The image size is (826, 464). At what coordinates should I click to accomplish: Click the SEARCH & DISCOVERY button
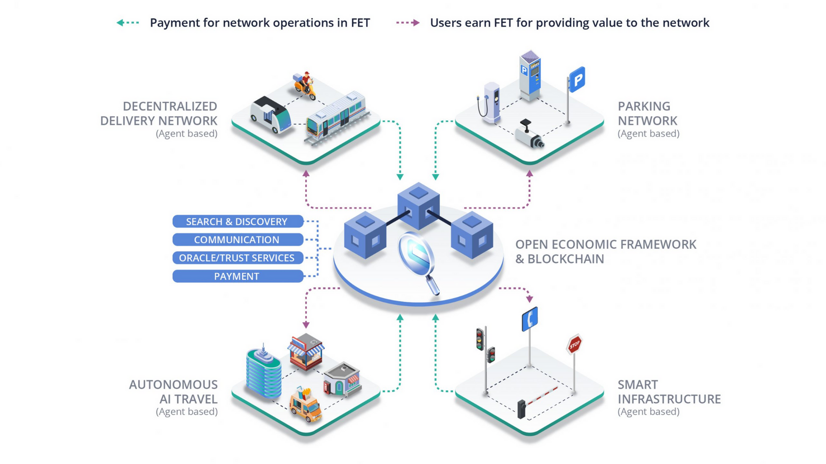[x=237, y=221]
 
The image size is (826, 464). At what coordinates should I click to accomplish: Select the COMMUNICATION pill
[x=237, y=240]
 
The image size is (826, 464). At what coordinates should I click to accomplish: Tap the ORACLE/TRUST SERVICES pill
[x=237, y=258]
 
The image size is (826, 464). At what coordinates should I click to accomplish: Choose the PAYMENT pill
[x=237, y=276]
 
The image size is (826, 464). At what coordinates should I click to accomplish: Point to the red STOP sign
[x=574, y=344]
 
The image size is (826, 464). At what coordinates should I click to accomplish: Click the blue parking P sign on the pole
[x=577, y=79]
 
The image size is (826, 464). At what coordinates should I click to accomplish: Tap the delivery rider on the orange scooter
[x=305, y=85]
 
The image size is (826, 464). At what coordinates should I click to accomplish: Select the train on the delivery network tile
[x=337, y=115]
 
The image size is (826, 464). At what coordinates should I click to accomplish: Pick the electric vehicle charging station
[x=491, y=102]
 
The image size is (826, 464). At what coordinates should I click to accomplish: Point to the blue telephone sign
[x=530, y=319]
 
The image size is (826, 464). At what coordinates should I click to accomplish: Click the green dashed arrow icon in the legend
[x=128, y=22]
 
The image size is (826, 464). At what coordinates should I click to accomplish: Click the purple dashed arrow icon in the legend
[x=408, y=22]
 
